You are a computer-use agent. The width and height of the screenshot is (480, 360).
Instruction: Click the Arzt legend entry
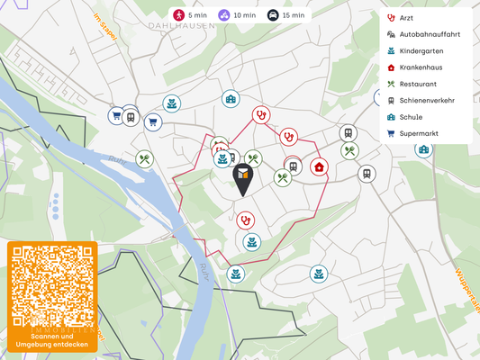(405, 17)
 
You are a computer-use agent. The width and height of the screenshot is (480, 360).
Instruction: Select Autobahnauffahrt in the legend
(429, 34)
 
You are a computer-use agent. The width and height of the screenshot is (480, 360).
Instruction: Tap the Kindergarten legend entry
(421, 50)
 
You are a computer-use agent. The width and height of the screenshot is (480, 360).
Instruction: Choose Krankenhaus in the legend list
(421, 67)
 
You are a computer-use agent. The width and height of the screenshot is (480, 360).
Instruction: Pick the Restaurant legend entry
(418, 84)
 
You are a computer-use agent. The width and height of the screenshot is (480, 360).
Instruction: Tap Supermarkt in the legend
(418, 133)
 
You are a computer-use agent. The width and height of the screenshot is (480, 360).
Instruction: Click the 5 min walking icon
(179, 15)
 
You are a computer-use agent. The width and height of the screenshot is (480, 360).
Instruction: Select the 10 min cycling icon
(223, 15)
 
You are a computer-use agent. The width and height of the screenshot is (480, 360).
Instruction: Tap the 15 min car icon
(273, 15)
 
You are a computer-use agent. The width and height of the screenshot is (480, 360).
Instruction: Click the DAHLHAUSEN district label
(182, 26)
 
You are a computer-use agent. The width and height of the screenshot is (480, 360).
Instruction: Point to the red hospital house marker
(319, 166)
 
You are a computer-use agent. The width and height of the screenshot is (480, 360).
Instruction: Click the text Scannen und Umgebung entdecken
(53, 340)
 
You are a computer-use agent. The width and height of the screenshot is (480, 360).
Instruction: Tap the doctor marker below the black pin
(245, 220)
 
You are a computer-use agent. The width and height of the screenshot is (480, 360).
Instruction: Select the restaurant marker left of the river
(144, 159)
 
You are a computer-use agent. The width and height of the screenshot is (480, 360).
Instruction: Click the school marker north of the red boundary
(231, 99)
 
